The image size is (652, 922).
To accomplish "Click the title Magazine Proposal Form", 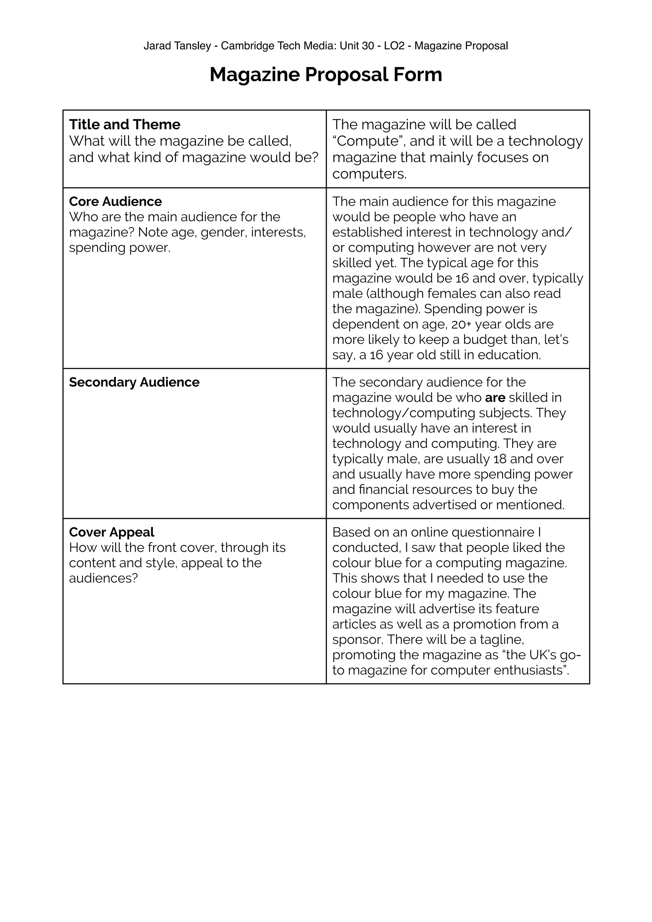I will click(x=326, y=75).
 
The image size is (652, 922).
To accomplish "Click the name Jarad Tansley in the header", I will click(x=177, y=46).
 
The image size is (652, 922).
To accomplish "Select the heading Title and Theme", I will click(x=124, y=124).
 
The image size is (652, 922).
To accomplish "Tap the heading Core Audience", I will click(x=115, y=201).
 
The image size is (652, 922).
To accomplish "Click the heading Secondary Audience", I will click(x=134, y=382).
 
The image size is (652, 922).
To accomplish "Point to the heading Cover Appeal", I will click(x=112, y=532).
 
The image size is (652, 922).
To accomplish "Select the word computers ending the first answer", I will click(x=369, y=174).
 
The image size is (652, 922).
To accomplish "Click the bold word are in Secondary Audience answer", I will click(x=495, y=398).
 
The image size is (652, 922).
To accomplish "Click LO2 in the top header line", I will click(x=394, y=46).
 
